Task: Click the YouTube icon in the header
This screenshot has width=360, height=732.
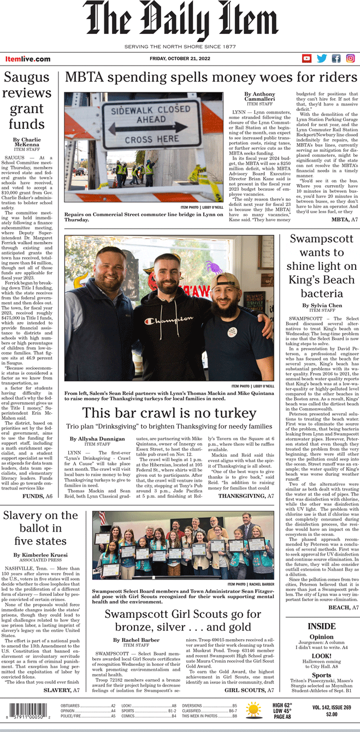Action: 307,58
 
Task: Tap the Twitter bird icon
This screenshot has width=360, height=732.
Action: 322,58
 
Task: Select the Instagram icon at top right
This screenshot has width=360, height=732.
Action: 350,58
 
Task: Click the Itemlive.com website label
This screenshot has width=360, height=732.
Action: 28,59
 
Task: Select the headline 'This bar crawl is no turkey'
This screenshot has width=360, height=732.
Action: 169,413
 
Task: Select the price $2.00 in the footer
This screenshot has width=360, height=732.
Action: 332,714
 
